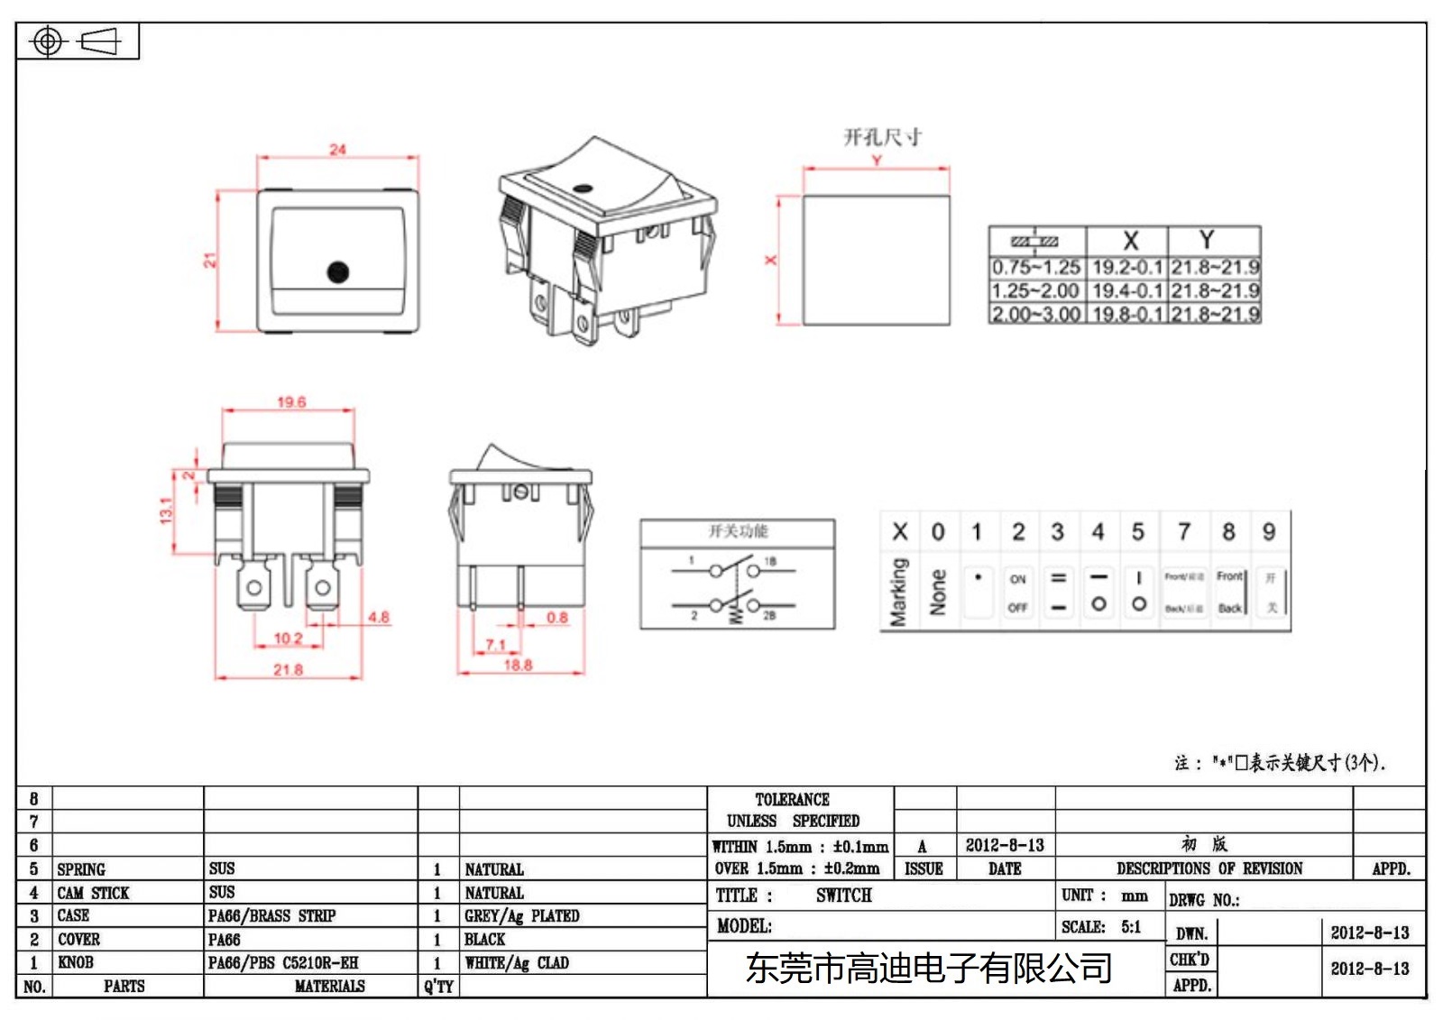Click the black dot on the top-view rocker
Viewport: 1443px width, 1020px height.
[338, 271]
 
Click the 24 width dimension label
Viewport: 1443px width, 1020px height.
[337, 149]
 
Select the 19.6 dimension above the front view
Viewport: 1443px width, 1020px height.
[291, 402]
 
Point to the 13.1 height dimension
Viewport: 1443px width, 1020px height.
[166, 510]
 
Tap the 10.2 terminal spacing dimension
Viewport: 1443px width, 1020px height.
[288, 639]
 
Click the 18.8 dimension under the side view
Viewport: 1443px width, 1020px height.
[518, 666]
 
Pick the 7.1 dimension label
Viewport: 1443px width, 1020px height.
[496, 645]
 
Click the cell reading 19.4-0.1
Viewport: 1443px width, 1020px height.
[1127, 291]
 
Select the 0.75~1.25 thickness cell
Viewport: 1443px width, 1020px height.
[1036, 268]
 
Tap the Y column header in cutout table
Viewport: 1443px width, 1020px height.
[1207, 240]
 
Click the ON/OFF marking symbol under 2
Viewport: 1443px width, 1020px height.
[1018, 593]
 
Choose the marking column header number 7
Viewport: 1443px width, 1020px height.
[1184, 532]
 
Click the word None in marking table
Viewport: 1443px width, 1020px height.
[938, 593]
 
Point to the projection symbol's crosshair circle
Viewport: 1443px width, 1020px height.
[48, 41]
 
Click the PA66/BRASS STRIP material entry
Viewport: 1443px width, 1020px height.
[271, 916]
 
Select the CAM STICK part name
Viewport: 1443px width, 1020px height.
[93, 893]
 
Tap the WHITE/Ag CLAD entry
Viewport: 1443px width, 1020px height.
[517, 963]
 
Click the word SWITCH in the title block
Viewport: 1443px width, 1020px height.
[844, 896]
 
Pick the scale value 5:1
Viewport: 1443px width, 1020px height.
[1131, 927]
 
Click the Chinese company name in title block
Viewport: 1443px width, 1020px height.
[928, 969]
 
